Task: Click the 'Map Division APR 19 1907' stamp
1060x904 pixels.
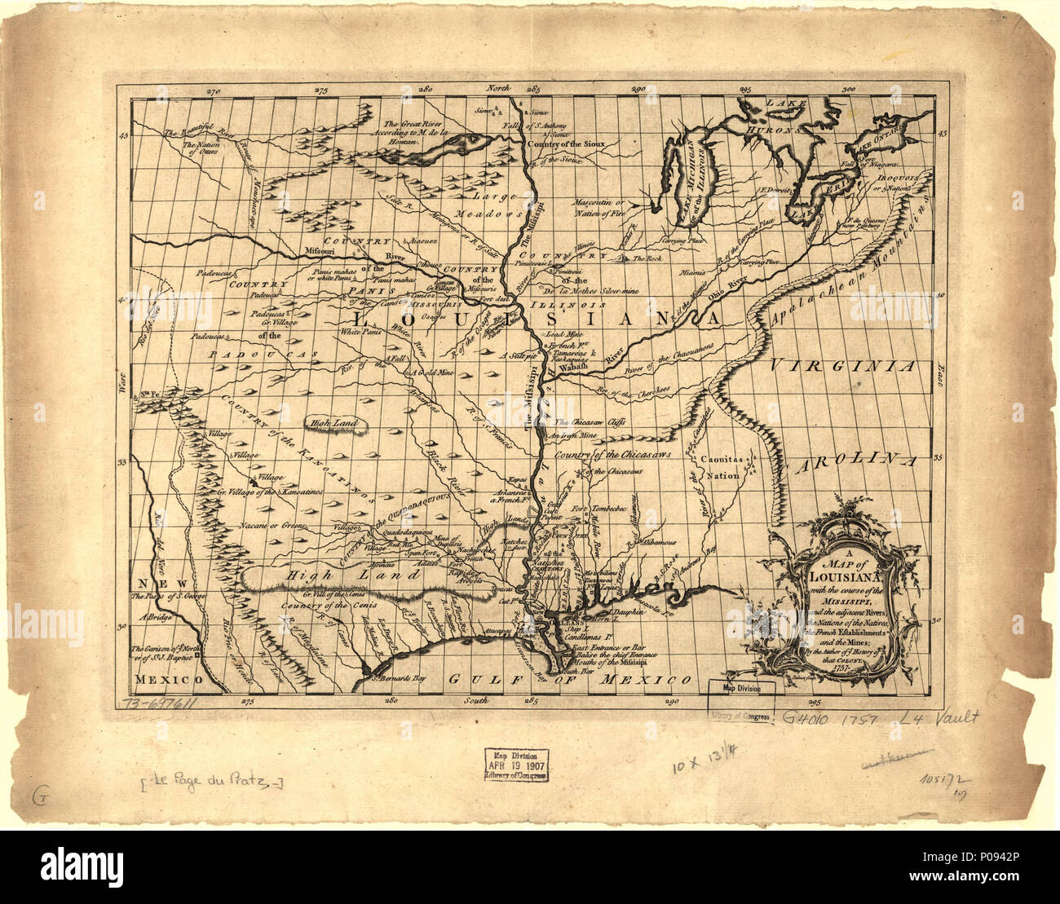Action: point(516,764)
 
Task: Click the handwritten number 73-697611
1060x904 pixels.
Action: point(161,703)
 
